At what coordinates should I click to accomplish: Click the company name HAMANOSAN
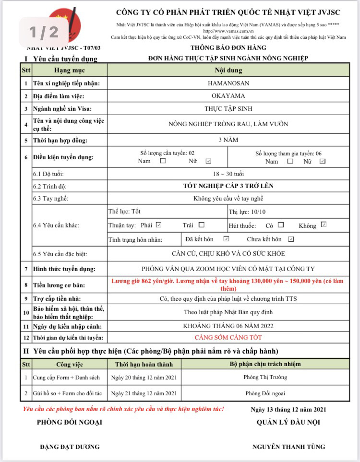point(228,83)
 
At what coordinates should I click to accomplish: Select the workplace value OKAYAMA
point(228,95)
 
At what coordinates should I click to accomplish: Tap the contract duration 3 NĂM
point(228,140)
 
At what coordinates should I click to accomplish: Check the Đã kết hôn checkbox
point(227,239)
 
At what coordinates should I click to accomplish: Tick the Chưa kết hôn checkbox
point(291,239)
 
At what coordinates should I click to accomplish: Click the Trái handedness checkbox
point(202,225)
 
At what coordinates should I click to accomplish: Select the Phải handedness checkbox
point(159,225)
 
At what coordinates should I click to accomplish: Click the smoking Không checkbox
point(324,225)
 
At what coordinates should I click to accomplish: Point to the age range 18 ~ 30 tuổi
point(228,174)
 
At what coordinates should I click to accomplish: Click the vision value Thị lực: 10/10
point(247,212)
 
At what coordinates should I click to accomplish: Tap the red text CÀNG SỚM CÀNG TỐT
point(228,338)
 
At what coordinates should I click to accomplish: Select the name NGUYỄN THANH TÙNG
point(288,447)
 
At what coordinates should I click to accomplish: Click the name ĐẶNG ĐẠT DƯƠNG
point(70,447)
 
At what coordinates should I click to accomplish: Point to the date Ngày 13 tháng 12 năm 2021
point(288,409)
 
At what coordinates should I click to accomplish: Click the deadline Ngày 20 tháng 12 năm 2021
point(144,378)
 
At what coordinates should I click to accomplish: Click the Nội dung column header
point(228,70)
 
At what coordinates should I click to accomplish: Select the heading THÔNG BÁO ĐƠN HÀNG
point(228,47)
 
